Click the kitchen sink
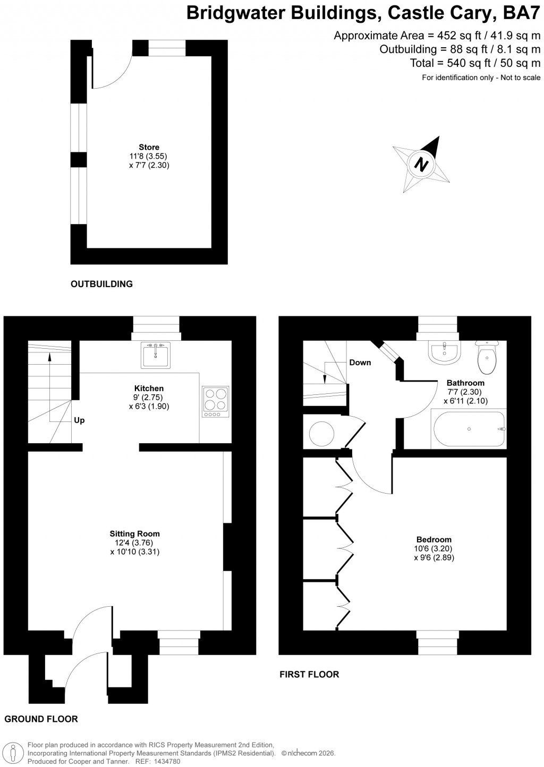tap(156, 355)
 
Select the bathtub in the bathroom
tap(470, 429)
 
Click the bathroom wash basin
tap(444, 352)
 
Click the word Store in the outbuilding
tap(149, 147)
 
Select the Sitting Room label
tap(134, 533)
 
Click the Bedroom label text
tap(433, 539)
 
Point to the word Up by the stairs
tap(79, 420)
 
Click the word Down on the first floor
tap(360, 363)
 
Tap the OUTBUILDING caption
tap(101, 284)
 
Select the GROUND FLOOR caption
tap(41, 719)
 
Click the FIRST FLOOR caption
tap(309, 674)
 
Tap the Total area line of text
tap(475, 64)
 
